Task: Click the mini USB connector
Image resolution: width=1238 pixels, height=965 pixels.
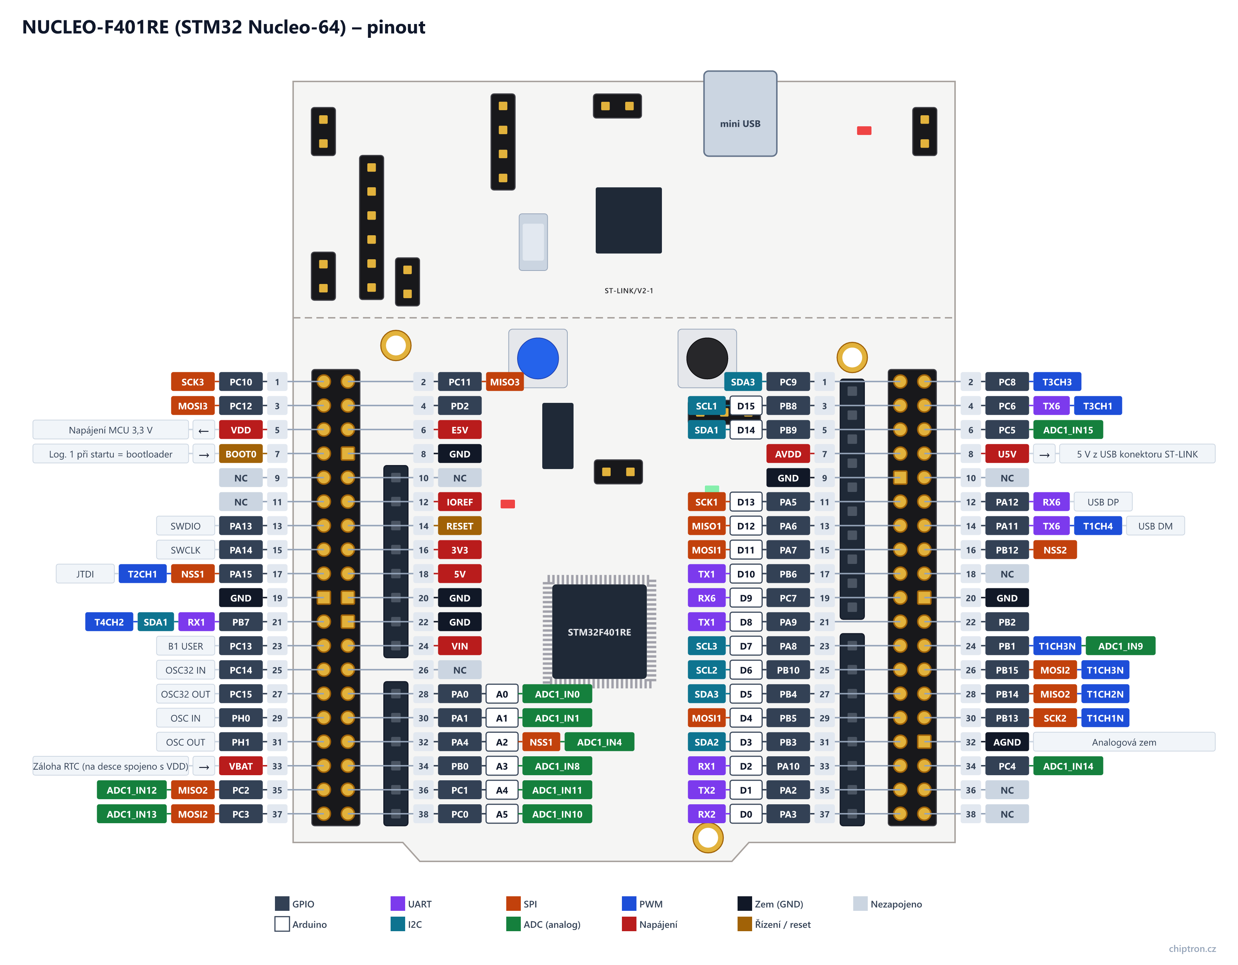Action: tap(740, 113)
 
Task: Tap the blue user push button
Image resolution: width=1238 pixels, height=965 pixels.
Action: tap(538, 358)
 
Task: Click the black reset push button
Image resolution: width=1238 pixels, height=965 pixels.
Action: tap(707, 358)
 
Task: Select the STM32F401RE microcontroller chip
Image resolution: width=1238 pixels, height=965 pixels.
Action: tap(599, 631)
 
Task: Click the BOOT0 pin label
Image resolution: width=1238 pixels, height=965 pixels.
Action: tap(240, 454)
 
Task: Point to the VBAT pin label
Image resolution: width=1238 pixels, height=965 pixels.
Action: tap(240, 766)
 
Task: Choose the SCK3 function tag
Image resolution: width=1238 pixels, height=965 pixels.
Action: tap(193, 382)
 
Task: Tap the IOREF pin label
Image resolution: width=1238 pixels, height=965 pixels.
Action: tap(459, 502)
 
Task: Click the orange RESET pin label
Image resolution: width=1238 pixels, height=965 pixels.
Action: tap(459, 526)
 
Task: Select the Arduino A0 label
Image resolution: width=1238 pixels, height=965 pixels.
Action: tap(502, 694)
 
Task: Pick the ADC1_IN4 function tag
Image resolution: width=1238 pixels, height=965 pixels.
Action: tap(599, 742)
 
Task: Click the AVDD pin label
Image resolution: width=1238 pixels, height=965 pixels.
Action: tap(788, 454)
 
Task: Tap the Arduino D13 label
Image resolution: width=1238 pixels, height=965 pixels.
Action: tap(746, 502)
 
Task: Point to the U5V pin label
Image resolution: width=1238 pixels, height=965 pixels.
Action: tap(1007, 454)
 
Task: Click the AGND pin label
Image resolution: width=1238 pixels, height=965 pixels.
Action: tap(1007, 742)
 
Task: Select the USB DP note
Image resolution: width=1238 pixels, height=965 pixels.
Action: tap(1102, 502)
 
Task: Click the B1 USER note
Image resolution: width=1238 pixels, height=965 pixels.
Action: tap(185, 646)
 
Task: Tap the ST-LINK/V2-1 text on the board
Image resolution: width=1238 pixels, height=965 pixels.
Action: tap(628, 291)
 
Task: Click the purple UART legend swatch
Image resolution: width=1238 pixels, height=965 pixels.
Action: tap(398, 903)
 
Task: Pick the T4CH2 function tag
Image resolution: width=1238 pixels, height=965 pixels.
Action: tap(109, 622)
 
